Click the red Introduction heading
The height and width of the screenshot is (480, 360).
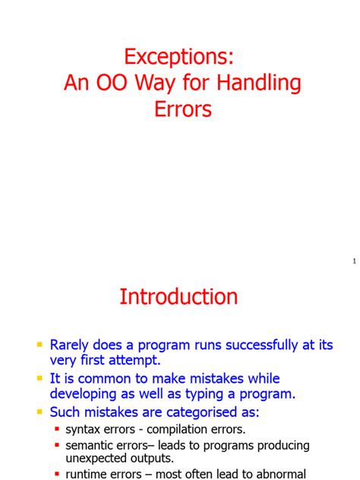[x=178, y=296]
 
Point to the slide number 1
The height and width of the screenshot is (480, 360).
[x=353, y=261]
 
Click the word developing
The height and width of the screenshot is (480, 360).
[x=87, y=394]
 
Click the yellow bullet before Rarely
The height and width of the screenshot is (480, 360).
[x=39, y=345]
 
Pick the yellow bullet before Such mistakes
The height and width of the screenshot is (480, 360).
[x=39, y=412]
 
